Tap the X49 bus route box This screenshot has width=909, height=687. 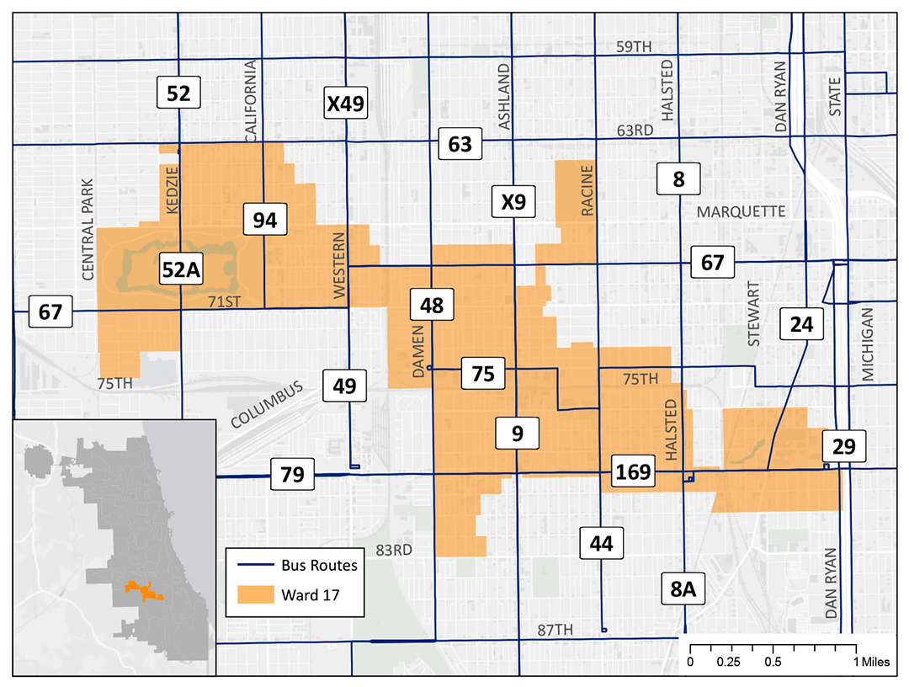(x=345, y=104)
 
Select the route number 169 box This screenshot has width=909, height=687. (x=633, y=471)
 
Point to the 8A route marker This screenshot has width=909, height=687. (x=682, y=590)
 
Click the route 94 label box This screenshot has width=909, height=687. (x=264, y=221)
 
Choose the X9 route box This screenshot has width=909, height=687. (x=513, y=202)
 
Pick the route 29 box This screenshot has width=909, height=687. (x=844, y=447)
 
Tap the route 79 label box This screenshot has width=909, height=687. (x=291, y=473)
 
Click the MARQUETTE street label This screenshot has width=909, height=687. (x=741, y=211)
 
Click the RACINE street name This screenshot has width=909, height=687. (x=587, y=192)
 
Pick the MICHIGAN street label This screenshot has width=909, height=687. (x=869, y=344)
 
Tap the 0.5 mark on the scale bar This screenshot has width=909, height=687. (x=773, y=661)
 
